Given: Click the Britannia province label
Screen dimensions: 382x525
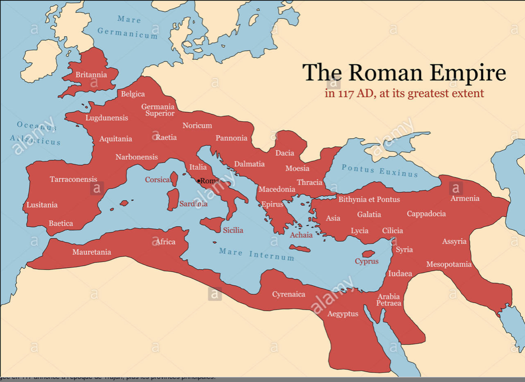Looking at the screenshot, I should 91,75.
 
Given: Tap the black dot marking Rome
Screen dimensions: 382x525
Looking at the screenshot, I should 199,181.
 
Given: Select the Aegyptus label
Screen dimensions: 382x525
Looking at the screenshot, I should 342,314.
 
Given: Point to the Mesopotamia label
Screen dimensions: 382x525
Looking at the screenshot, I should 449,265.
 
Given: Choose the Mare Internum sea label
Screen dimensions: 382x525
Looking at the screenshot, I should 256,254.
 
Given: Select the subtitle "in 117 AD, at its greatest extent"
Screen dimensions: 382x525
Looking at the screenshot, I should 404,94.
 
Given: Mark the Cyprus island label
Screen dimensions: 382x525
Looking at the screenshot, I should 367,261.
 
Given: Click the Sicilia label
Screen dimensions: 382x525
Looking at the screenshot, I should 233,230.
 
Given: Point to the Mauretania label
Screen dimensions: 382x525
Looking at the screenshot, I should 92,252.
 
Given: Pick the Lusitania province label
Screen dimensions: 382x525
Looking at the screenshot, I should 42,205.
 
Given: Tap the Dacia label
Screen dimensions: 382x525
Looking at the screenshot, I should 284,153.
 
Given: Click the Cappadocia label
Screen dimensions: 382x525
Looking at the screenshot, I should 426,214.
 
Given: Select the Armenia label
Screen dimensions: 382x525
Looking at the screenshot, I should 464,198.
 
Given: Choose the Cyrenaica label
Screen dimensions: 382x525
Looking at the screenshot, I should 288,295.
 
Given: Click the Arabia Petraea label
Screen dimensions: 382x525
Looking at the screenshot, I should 388,300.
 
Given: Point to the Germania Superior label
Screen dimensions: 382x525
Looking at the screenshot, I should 158,110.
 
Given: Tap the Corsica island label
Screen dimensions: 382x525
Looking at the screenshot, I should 157,180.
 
